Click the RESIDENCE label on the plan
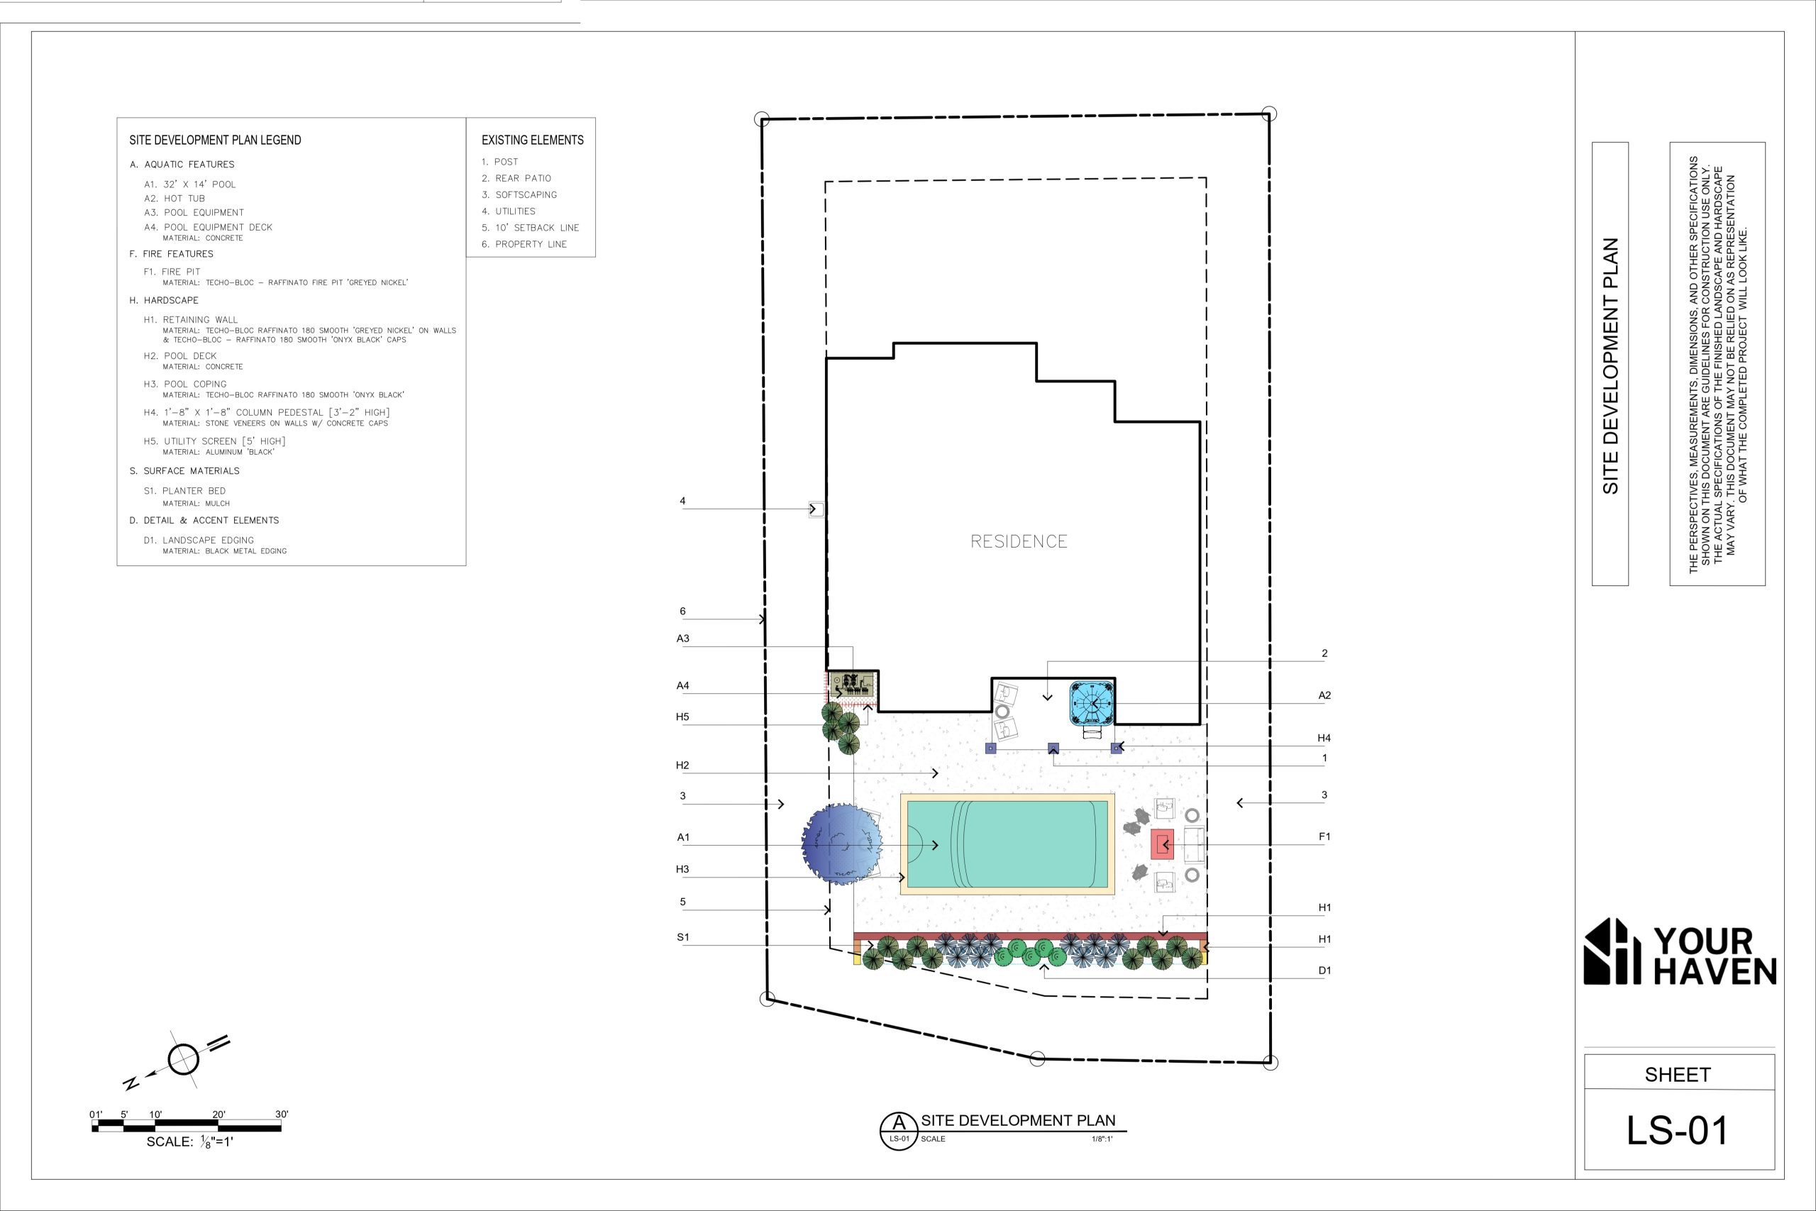pos(1019,541)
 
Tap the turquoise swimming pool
pos(1007,844)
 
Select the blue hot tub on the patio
pos(1092,703)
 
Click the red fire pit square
pos(1162,844)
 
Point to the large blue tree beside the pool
pos(841,844)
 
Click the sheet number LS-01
pos(1678,1131)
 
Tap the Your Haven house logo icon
pos(1612,951)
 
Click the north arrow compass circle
pos(184,1059)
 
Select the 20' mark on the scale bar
pos(219,1115)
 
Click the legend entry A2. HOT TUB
pos(175,199)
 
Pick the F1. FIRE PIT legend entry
pos(172,272)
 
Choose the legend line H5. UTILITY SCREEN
pos(215,441)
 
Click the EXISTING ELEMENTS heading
pos(533,140)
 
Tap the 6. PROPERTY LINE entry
pos(524,244)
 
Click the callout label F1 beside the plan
pos(1324,836)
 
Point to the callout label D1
pos(1324,971)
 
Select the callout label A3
pos(682,638)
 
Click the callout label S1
pos(682,938)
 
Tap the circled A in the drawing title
pos(899,1131)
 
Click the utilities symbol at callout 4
pos(815,509)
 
